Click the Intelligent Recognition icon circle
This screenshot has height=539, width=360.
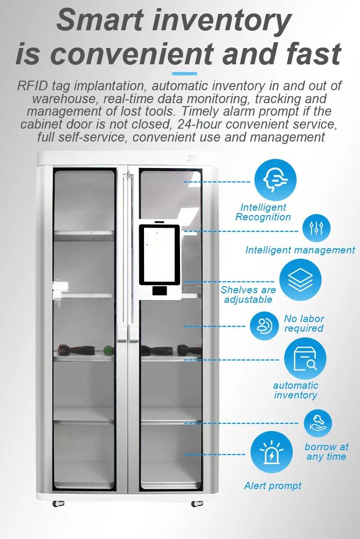(275, 180)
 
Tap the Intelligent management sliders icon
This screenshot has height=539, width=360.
(316, 228)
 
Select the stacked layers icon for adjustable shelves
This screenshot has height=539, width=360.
(300, 280)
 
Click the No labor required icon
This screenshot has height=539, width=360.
(264, 326)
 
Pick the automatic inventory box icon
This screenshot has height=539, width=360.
(305, 359)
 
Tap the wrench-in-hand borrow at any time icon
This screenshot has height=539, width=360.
(318, 423)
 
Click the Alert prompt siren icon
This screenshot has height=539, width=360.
(271, 452)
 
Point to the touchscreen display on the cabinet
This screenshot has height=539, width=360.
(159, 254)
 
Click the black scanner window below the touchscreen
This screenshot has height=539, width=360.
(159, 290)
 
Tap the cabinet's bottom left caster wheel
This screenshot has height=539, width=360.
(58, 503)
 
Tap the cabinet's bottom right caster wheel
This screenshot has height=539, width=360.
(196, 503)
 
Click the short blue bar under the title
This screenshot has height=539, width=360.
(184, 73)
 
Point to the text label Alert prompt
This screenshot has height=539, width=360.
(273, 486)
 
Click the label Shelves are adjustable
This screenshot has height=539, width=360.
(248, 295)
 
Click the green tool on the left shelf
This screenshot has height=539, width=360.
(109, 349)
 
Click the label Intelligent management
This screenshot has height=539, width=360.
(300, 250)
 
